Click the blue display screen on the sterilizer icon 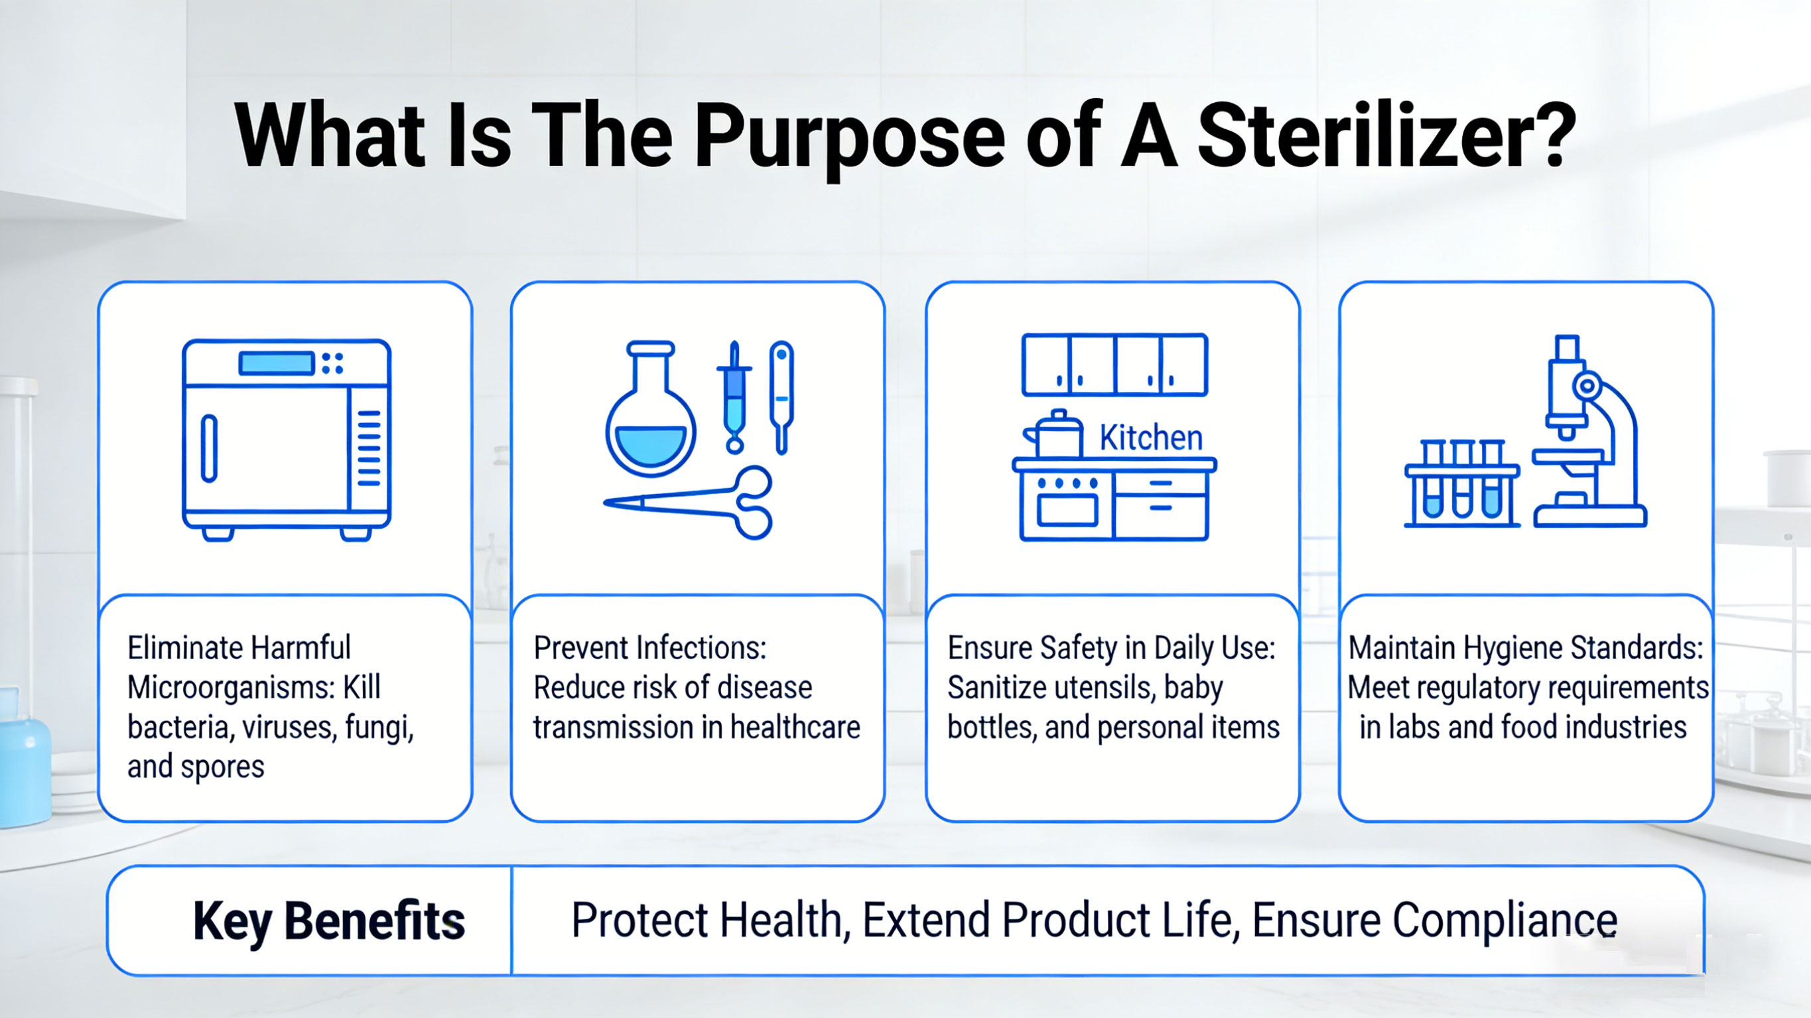click(x=275, y=363)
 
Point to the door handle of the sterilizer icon click(x=209, y=448)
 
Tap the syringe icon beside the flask click(x=734, y=397)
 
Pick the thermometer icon click(x=781, y=394)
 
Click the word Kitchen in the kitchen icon click(x=1151, y=438)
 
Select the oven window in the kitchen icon click(x=1067, y=509)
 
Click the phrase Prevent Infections click(x=649, y=648)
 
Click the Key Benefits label click(x=329, y=921)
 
